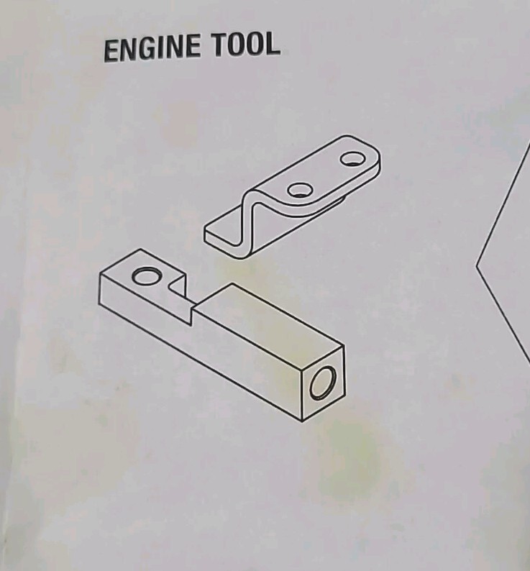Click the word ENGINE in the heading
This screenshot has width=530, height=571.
[x=152, y=49]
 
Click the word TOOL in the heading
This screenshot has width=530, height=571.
[x=247, y=44]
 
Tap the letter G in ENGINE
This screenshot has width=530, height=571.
[x=144, y=49]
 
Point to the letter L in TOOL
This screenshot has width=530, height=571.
[x=272, y=43]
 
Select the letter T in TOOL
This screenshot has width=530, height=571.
[x=221, y=45]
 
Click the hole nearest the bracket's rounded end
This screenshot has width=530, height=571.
[x=353, y=159]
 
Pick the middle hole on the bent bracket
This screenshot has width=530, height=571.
[x=300, y=189]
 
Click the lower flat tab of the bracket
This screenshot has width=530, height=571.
[x=223, y=231]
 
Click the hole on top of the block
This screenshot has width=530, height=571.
[x=146, y=275]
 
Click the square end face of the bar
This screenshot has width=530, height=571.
[x=323, y=383]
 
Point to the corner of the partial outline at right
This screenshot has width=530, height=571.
[x=477, y=266]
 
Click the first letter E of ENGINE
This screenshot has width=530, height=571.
[x=112, y=51]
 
